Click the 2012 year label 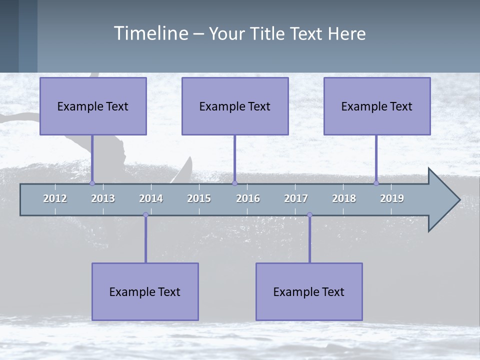[55, 199]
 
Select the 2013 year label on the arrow [103, 199]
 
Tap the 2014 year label [151, 199]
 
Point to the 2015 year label [199, 199]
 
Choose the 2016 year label [248, 199]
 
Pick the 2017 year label [296, 199]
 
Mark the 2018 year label [344, 199]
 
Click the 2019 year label [392, 199]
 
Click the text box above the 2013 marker [93, 106]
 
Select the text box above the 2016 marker [235, 106]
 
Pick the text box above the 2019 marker [377, 106]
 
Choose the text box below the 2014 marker [145, 292]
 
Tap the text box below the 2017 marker [309, 292]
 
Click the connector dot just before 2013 [92, 183]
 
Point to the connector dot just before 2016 [234, 183]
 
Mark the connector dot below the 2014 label [145, 215]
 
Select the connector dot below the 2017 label [309, 215]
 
